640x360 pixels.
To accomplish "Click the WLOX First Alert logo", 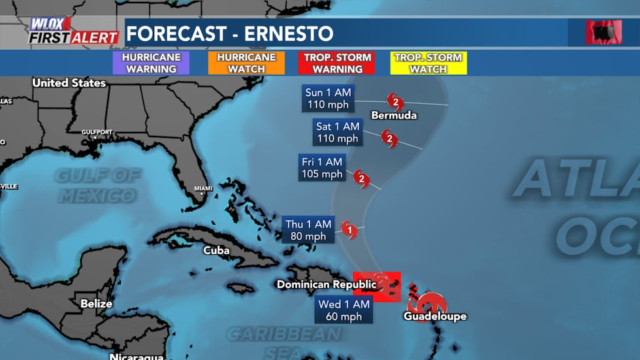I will (72, 31).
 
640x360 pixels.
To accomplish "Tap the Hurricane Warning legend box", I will (151, 63).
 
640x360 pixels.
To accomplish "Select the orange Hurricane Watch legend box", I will (246, 63).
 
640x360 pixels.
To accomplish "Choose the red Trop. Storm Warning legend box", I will (337, 63).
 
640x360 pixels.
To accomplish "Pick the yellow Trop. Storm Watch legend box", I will (428, 63).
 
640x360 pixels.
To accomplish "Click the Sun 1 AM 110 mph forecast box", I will (328, 98).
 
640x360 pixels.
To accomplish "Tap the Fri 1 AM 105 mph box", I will (322, 168).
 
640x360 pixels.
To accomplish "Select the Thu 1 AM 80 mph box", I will (310, 229).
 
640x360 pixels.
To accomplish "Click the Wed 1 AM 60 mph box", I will (344, 310).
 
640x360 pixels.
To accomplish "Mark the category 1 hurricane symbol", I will (350, 229).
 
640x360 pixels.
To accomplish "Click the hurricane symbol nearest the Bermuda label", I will (394, 101).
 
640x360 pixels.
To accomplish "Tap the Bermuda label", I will (394, 116).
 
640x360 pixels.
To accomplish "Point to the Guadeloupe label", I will (435, 317).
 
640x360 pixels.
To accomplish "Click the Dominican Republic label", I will (327, 284).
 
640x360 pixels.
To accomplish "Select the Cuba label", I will (216, 250).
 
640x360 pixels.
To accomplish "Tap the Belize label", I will (96, 304).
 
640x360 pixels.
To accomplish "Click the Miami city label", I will (203, 189).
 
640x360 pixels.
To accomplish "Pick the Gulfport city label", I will (97, 132).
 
